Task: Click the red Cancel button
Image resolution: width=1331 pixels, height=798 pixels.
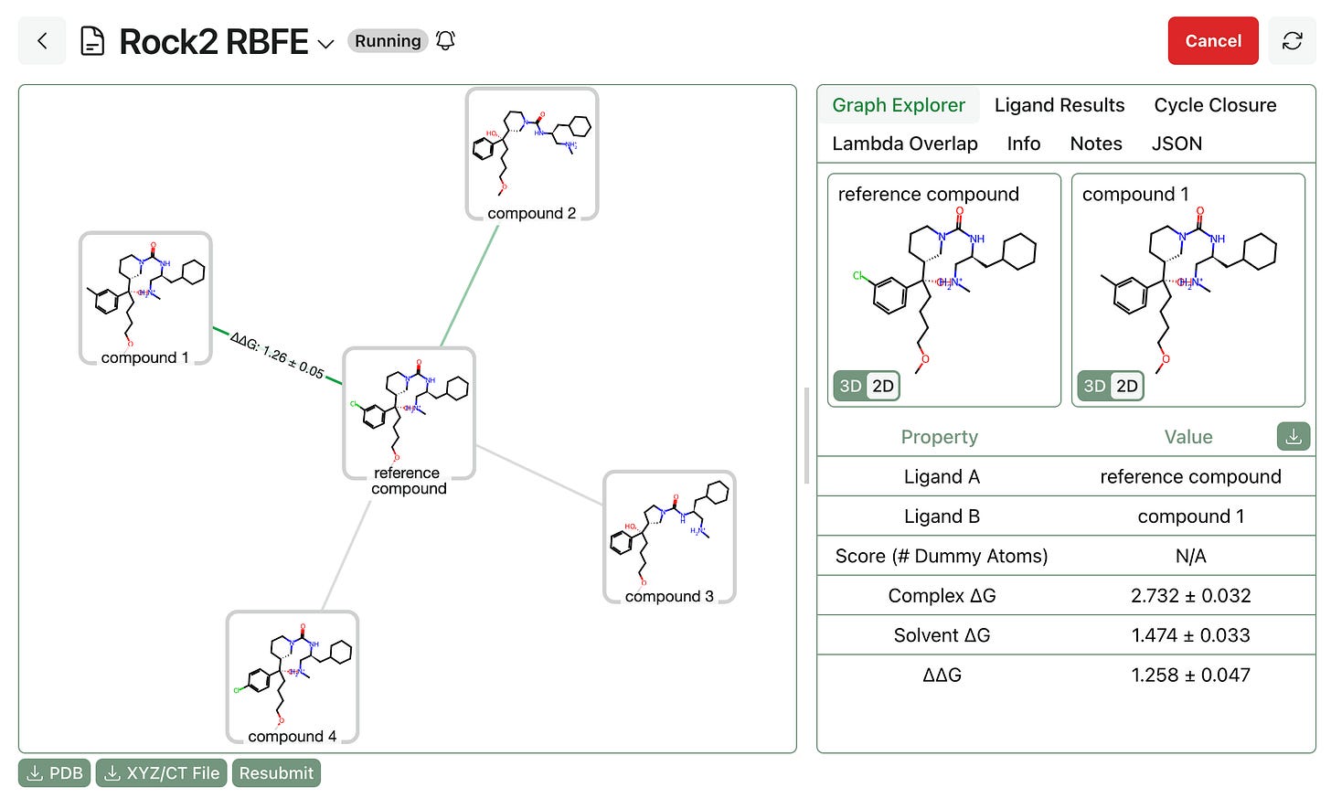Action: pos(1212,41)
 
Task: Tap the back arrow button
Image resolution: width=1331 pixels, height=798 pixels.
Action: pos(42,41)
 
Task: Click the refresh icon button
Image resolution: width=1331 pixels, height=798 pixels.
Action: pos(1292,41)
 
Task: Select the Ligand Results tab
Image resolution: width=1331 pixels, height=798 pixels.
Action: pos(1059,105)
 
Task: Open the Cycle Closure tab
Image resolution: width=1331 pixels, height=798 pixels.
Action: pos(1214,105)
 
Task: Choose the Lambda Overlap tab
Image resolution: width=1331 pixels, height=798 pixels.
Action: pos(904,144)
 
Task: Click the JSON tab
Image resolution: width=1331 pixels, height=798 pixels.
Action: pos(1176,144)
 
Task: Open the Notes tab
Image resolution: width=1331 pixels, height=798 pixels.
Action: pos(1095,144)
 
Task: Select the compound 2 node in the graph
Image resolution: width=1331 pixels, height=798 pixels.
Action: pos(532,154)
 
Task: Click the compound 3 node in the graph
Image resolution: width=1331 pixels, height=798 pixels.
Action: pos(669,537)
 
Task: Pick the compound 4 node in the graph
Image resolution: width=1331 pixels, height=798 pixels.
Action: pos(293,677)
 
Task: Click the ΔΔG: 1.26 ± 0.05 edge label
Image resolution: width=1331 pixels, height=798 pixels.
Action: pos(277,355)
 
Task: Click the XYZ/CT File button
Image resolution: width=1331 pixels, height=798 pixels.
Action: pos(161,773)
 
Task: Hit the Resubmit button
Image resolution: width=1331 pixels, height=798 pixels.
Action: pos(276,773)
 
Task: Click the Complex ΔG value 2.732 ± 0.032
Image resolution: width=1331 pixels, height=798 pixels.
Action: pos(1190,596)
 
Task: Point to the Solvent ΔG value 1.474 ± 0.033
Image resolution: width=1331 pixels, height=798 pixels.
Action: pos(1190,635)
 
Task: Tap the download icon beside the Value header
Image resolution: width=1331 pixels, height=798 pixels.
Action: pos(1293,437)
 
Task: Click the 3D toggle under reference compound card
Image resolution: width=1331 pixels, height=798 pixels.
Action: pos(850,386)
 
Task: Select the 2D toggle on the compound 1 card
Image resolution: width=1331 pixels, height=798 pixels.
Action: pos(1127,386)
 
